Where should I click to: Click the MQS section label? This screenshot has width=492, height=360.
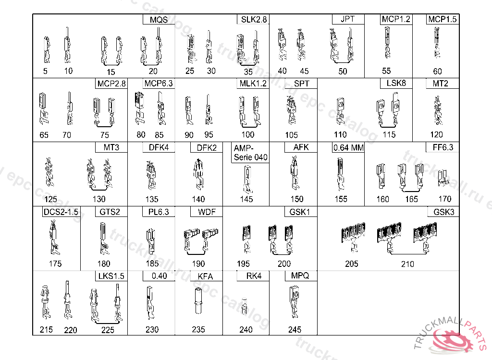tap(159, 20)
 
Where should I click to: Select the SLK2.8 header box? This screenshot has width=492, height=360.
tap(253, 20)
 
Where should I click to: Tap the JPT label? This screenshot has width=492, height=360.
tap(348, 19)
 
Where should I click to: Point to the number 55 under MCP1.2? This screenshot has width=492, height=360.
tap(386, 71)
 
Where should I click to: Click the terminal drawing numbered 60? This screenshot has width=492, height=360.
tap(437, 43)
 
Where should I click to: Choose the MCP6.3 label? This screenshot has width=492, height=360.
tap(159, 84)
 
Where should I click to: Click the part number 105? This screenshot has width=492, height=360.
tap(291, 135)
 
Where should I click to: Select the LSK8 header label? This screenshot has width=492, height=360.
tap(396, 83)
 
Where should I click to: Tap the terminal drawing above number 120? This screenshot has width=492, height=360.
tap(437, 110)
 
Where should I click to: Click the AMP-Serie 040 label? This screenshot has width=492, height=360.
tap(250, 153)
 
